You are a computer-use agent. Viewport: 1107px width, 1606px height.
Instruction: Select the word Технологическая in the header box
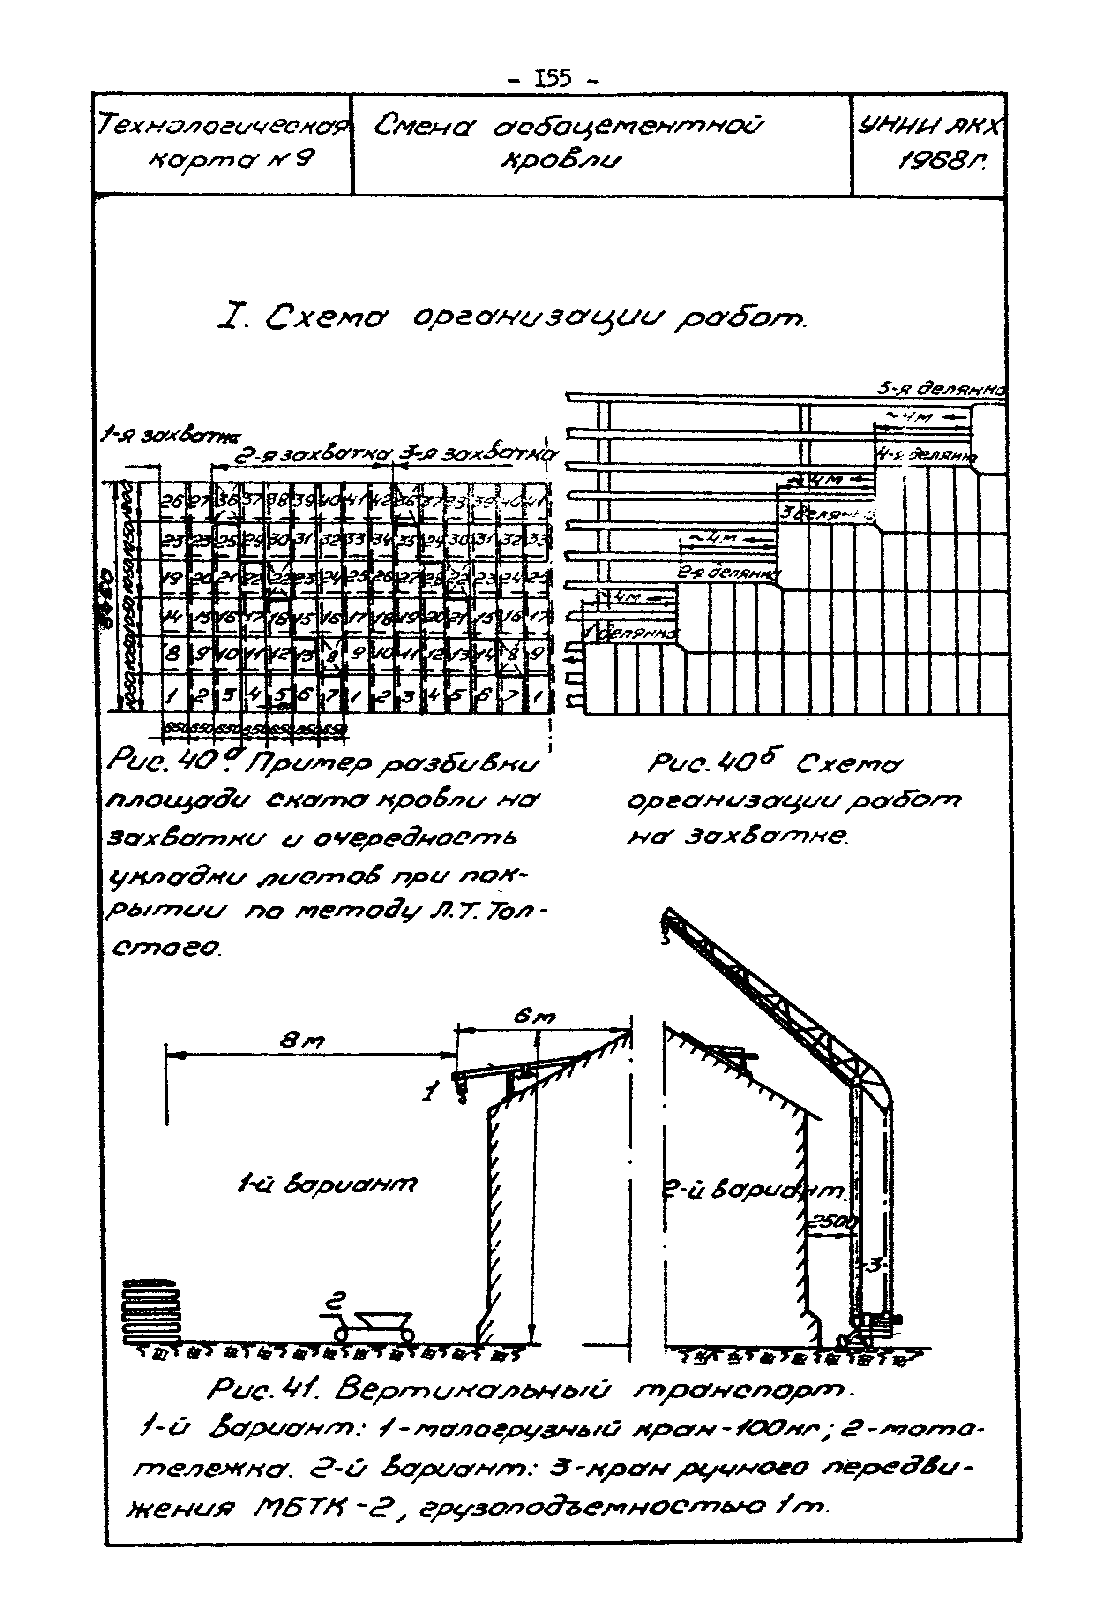pyautogui.click(x=222, y=127)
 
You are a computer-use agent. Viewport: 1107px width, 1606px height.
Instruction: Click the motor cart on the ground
pyautogui.click(x=374, y=1324)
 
